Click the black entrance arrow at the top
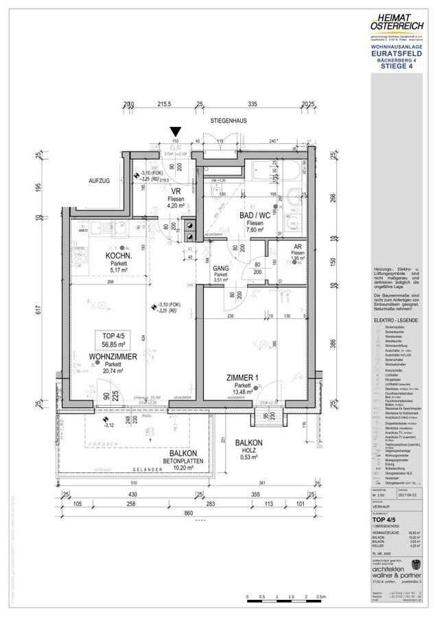point(176,131)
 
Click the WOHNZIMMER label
point(113,357)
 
